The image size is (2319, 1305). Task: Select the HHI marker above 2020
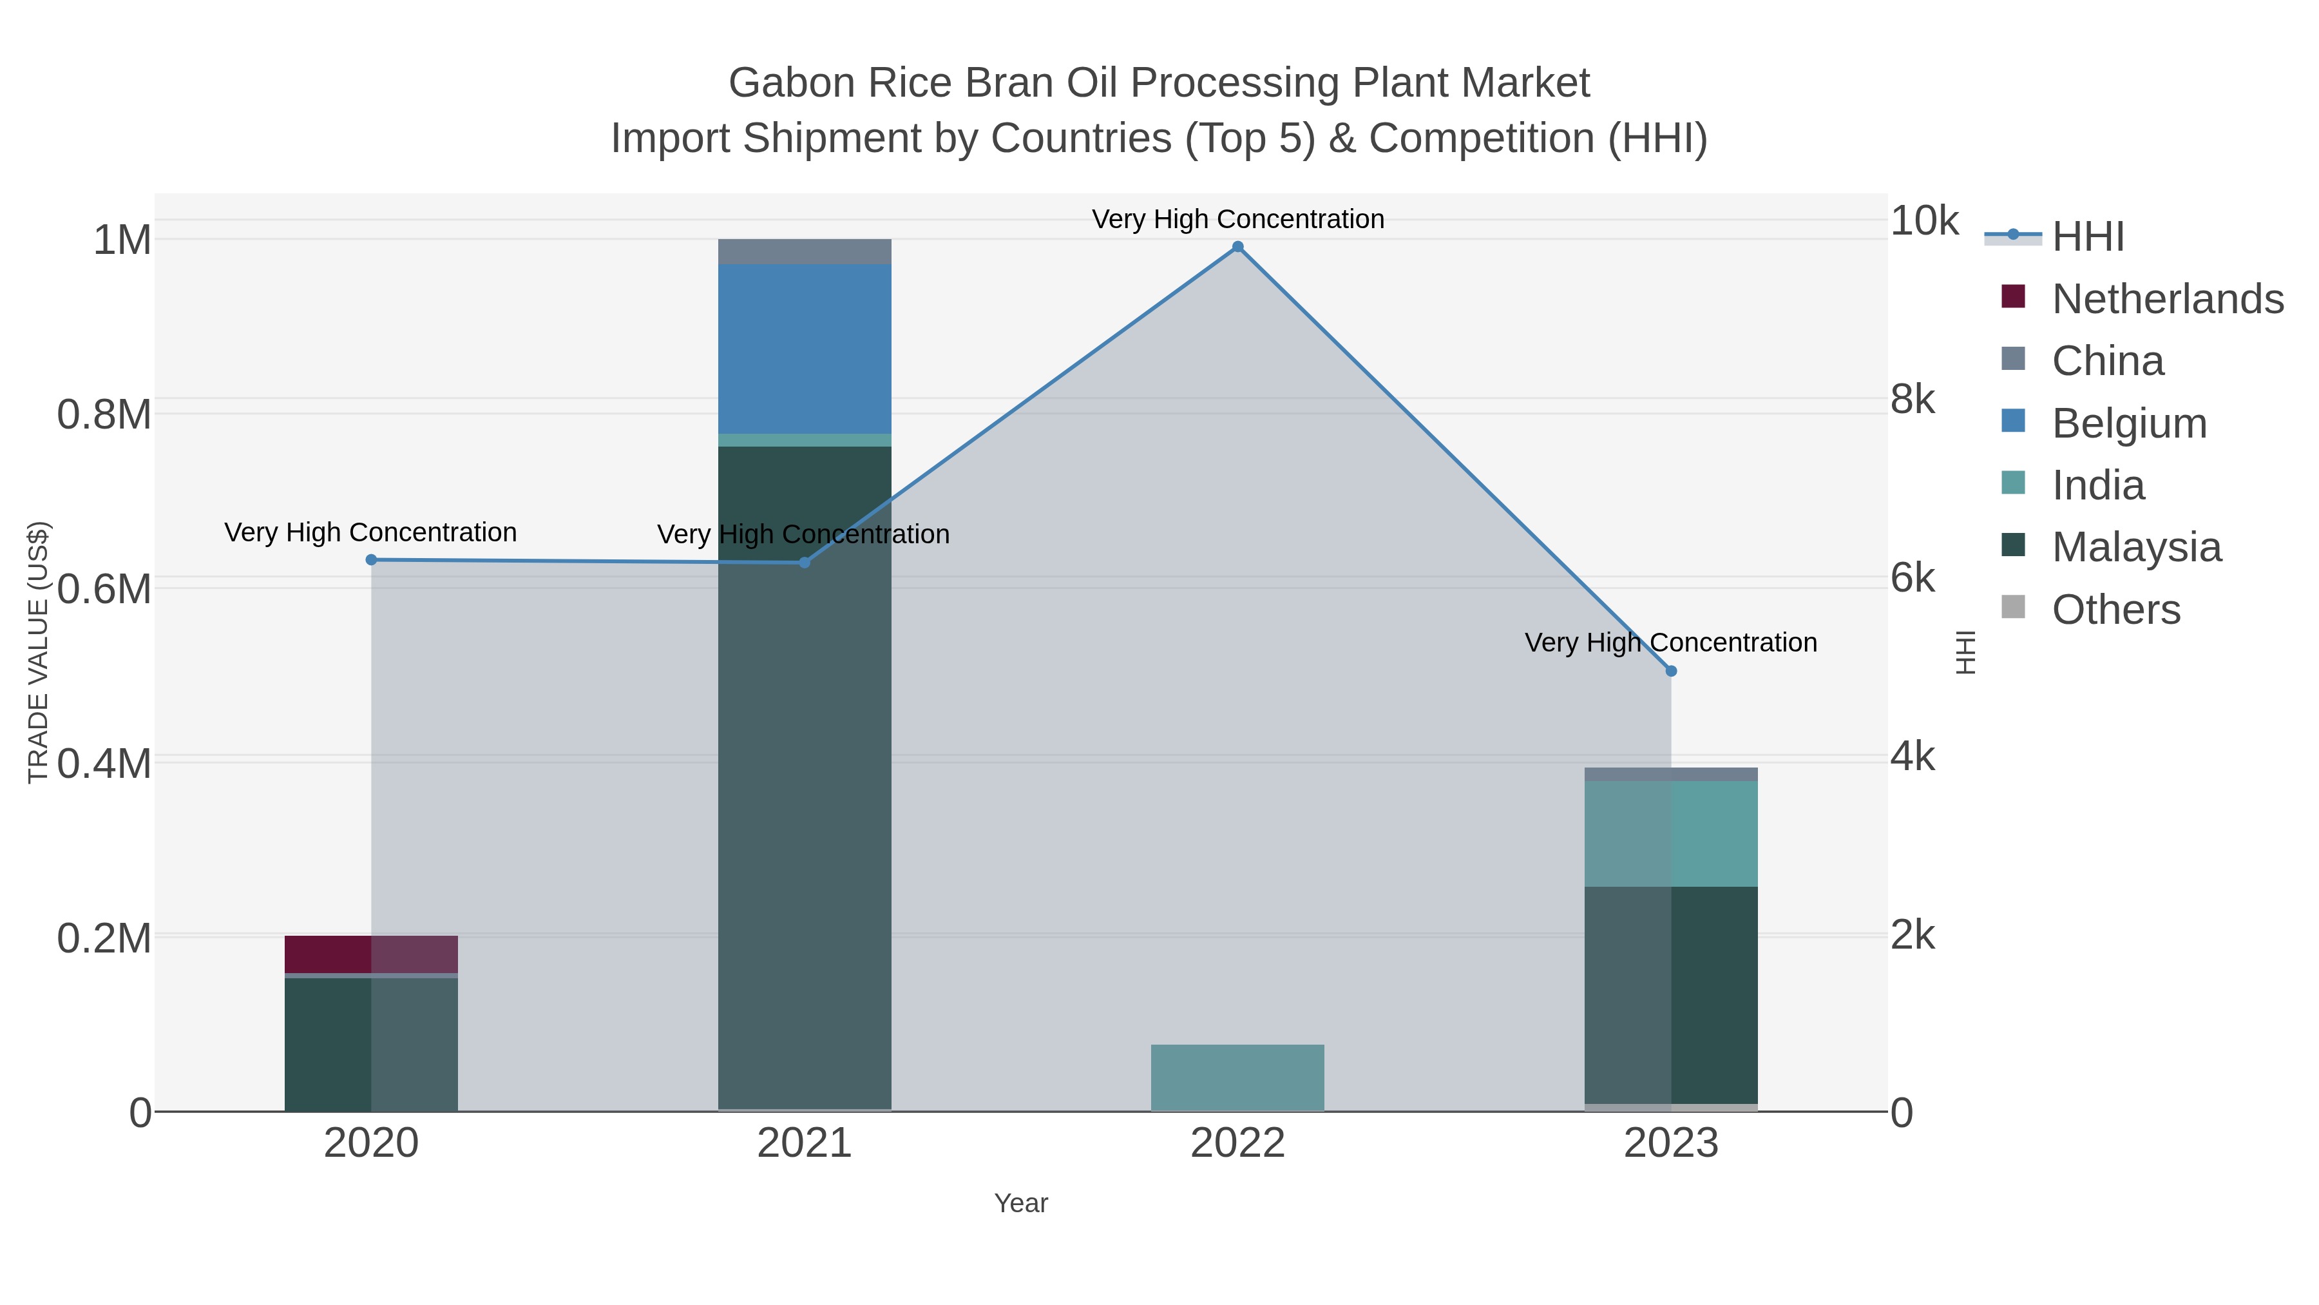pyautogui.click(x=371, y=560)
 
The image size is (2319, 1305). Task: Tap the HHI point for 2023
pyautogui.click(x=1671, y=671)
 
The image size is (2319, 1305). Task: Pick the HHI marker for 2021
pyautogui.click(x=805, y=563)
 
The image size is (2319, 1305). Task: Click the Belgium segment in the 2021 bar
pyautogui.click(x=804, y=349)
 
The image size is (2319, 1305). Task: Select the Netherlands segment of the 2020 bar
pyautogui.click(x=371, y=954)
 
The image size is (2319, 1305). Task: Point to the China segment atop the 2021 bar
pyautogui.click(x=804, y=251)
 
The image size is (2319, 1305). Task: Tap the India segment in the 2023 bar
pyautogui.click(x=1671, y=834)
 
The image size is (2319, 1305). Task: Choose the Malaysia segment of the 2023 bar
pyautogui.click(x=1671, y=994)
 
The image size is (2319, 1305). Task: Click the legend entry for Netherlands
pyautogui.click(x=2167, y=299)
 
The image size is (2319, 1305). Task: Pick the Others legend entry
pyautogui.click(x=2115, y=610)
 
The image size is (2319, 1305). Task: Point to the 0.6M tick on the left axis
pyautogui.click(x=104, y=590)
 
